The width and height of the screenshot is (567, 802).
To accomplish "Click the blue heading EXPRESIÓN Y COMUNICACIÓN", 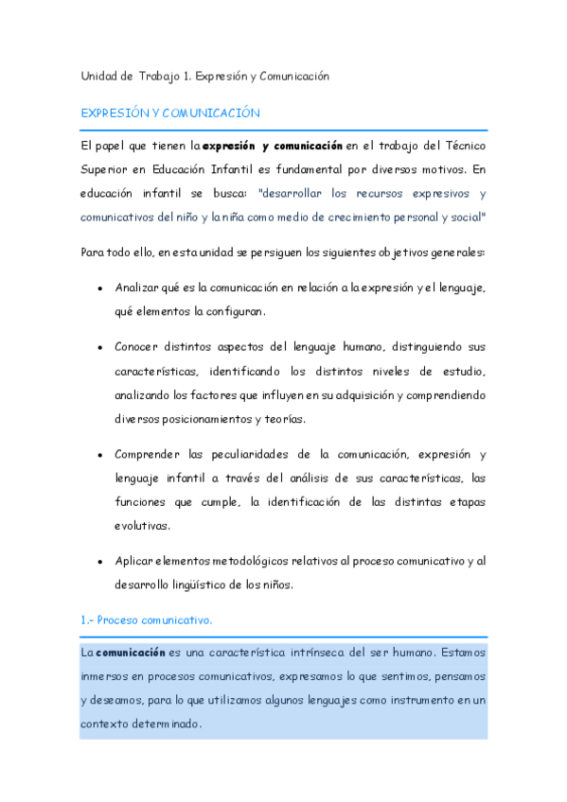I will (170, 113).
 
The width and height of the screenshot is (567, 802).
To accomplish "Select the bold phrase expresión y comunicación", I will (273, 146).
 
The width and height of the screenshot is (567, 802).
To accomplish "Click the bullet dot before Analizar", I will (99, 288).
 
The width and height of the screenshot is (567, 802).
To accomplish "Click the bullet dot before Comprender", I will (99, 455).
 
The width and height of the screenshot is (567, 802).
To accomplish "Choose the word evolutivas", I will (144, 526).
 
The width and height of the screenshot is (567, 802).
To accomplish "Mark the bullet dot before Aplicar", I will (99, 562).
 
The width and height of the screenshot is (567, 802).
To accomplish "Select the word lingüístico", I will (203, 584).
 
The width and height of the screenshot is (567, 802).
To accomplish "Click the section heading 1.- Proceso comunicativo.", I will (146, 619).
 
